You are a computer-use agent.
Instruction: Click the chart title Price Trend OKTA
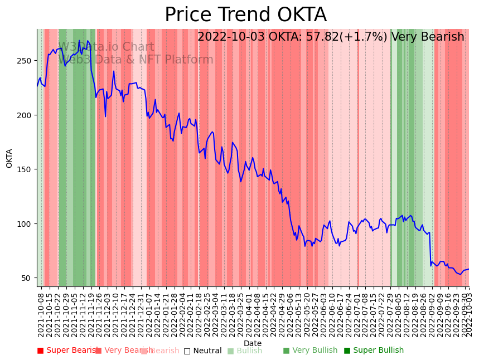click(245, 15)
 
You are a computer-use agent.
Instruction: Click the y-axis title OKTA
click(9, 158)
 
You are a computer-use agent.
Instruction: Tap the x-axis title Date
click(253, 343)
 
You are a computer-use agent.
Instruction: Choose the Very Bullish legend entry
click(310, 351)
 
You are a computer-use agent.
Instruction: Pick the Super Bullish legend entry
click(374, 351)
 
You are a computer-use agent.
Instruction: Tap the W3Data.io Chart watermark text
click(106, 47)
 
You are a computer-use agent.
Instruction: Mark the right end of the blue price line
click(468, 269)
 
